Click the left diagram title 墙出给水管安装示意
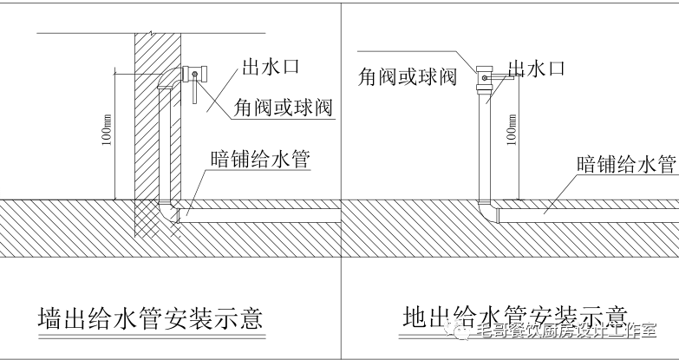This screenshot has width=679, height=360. [x=151, y=318]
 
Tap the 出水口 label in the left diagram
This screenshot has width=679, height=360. [x=269, y=68]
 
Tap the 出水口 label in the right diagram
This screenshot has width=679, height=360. [x=538, y=69]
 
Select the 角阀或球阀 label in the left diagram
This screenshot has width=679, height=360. [x=283, y=107]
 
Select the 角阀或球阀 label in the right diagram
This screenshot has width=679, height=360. [x=408, y=75]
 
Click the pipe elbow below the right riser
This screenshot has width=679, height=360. [x=486, y=209]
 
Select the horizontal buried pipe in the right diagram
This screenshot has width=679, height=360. [x=590, y=209]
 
